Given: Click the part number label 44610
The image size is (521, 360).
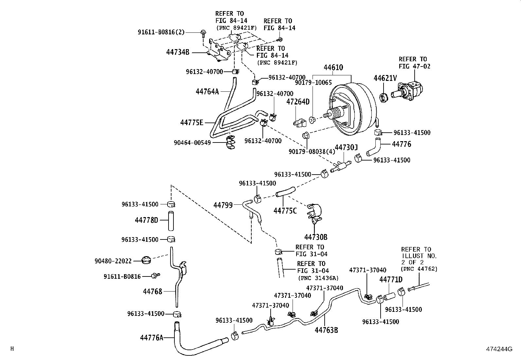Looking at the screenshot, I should pyautogui.click(x=333, y=67).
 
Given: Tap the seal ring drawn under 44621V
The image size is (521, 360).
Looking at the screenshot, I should pyautogui.click(x=384, y=97).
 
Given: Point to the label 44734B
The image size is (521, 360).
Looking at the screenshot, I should pyautogui.click(x=178, y=52).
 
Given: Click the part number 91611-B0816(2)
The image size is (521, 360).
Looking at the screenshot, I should pyautogui.click(x=161, y=32).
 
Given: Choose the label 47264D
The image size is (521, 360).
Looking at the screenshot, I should pyautogui.click(x=298, y=102).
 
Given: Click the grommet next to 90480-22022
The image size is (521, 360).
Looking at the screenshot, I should pyautogui.click(x=146, y=260).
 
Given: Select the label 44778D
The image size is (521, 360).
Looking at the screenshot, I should pyautogui.click(x=147, y=220).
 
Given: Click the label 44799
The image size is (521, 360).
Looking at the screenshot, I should pyautogui.click(x=223, y=205).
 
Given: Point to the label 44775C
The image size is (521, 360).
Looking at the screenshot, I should pyautogui.click(x=285, y=210).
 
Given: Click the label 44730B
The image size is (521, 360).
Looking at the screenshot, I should pyautogui.click(x=316, y=237).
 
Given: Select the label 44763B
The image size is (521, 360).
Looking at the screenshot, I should pyautogui.click(x=326, y=330).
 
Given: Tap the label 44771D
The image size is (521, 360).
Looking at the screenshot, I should pyautogui.click(x=391, y=279).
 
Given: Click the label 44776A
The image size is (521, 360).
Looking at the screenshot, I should pyautogui.click(x=152, y=337).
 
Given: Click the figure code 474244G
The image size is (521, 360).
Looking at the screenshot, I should pyautogui.click(x=499, y=349).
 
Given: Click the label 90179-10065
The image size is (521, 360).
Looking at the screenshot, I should pyautogui.click(x=313, y=83).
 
